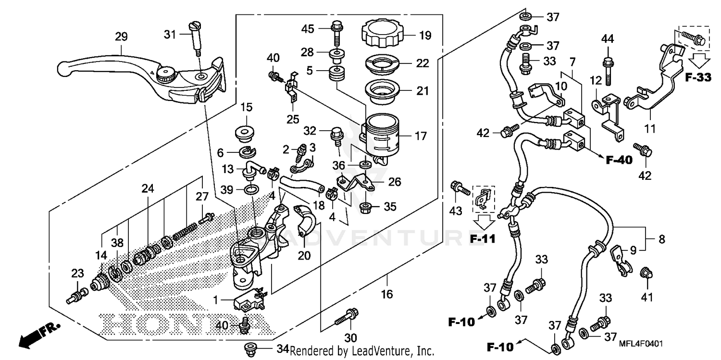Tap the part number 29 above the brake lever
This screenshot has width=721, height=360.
coord(121,36)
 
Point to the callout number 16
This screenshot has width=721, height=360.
coord(387,294)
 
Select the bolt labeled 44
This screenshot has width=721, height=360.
coord(608,67)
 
